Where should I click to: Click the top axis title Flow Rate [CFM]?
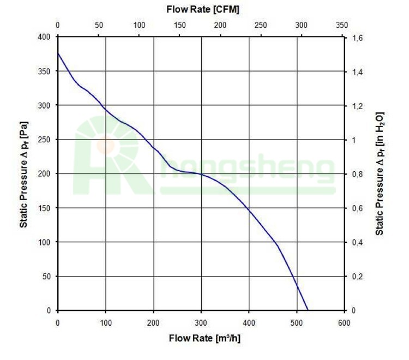(x=202, y=9)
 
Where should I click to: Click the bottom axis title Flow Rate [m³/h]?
(x=204, y=338)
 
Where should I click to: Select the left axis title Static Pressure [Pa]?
(x=24, y=173)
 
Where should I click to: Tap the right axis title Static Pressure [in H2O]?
(x=380, y=173)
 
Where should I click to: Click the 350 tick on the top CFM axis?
(x=342, y=25)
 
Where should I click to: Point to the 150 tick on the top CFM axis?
(x=179, y=25)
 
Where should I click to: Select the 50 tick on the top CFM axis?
(x=99, y=25)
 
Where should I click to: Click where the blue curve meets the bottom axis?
(x=308, y=310)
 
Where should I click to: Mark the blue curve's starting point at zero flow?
(x=58, y=53)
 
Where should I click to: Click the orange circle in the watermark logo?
(x=105, y=145)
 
